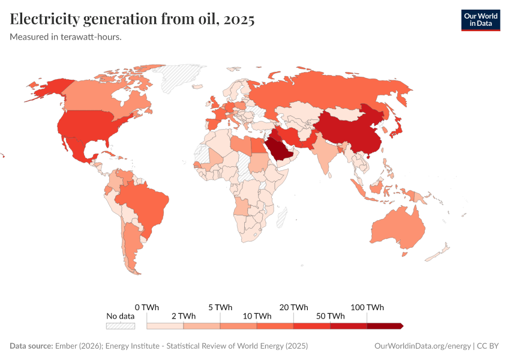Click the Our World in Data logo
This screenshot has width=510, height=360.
(480, 20)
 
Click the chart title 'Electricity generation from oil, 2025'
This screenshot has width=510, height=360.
(132, 19)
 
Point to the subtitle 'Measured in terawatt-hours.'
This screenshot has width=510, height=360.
(66, 37)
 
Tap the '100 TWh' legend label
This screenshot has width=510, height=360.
(367, 307)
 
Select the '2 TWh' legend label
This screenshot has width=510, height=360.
(183, 316)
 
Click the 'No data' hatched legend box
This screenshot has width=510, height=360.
(120, 326)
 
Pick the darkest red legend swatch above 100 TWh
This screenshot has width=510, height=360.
(384, 326)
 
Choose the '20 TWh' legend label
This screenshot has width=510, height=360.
(293, 307)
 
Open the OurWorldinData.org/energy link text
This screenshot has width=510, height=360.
(422, 346)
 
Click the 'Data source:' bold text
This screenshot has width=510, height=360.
(31, 346)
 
